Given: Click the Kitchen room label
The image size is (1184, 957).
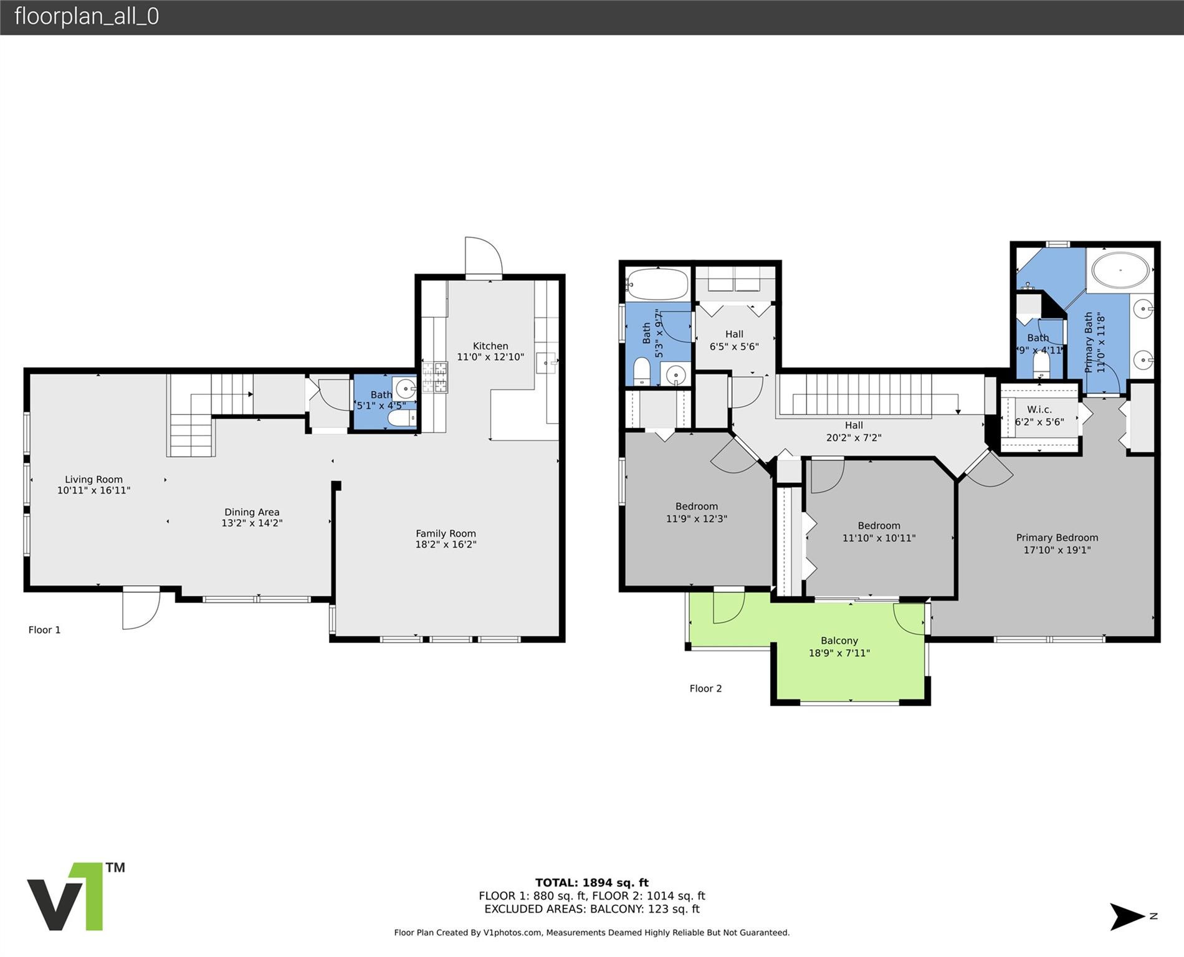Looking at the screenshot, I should (490, 346).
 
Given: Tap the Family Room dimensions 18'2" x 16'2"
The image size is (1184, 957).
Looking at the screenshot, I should (446, 545).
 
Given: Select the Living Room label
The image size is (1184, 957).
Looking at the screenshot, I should (93, 479).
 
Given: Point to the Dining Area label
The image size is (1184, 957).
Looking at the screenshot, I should (252, 512).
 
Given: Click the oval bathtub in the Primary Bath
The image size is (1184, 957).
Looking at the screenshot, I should (1120, 270).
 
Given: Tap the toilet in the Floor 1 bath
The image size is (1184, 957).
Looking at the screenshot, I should (403, 419).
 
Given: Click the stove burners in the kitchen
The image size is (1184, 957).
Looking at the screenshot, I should (435, 378).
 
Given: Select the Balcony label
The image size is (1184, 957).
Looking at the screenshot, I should (839, 640).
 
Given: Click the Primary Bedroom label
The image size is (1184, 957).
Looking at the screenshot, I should (1057, 538).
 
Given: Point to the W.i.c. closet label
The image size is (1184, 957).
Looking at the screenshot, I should (1039, 409).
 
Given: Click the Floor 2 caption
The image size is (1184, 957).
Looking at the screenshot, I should (705, 688).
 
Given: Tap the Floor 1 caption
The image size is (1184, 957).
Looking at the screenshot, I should (44, 630).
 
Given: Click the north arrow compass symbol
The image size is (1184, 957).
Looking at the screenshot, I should (1128, 917).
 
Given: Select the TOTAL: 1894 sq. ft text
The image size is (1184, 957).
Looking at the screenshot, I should (591, 882).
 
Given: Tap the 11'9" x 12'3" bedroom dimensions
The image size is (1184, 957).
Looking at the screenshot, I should (696, 518).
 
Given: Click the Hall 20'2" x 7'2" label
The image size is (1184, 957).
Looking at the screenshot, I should (853, 431).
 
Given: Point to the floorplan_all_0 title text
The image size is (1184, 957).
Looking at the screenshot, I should (87, 16).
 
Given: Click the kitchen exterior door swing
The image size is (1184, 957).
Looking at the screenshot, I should (483, 256).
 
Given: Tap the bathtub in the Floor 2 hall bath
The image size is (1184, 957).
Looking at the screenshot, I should (658, 284).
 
